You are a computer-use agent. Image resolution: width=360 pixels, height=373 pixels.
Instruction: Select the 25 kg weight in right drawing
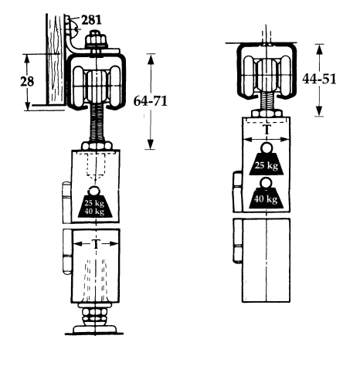pyautogui.click(x=267, y=163)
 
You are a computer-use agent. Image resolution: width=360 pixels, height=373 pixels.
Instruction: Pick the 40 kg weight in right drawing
pyautogui.click(x=267, y=197)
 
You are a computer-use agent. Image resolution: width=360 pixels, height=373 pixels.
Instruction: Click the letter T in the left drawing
pyautogui.click(x=95, y=243)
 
